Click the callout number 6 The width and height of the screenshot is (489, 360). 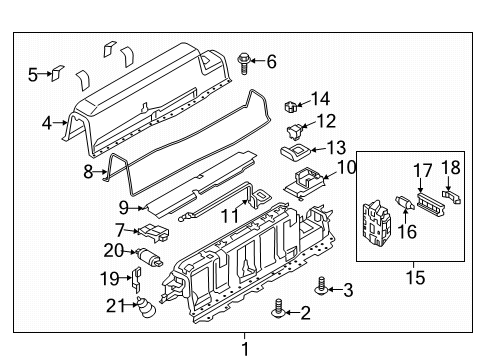[x=271, y=61]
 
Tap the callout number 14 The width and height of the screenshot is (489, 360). [x=320, y=98]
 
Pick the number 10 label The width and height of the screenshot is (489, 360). [x=346, y=167]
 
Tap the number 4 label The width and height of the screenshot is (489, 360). [x=46, y=124]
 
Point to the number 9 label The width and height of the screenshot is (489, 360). [x=123, y=207]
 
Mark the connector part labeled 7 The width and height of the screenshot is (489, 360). [x=154, y=232]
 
